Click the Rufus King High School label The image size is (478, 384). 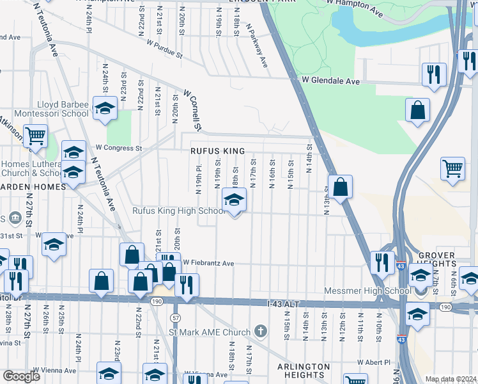click(x=177, y=211)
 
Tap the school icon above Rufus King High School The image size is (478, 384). click(x=235, y=202)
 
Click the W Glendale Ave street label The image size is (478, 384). click(x=331, y=81)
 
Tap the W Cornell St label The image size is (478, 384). click(x=192, y=110)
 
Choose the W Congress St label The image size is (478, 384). click(x=118, y=148)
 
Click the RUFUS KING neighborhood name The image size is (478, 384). click(x=217, y=151)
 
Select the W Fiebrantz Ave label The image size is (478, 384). click(x=209, y=263)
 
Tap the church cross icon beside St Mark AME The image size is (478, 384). click(x=260, y=332)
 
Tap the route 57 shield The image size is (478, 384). click(x=175, y=317)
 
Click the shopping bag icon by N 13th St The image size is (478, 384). click(x=341, y=188)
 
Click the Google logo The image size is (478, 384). click(x=21, y=376)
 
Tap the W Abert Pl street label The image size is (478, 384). click(x=370, y=362)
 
